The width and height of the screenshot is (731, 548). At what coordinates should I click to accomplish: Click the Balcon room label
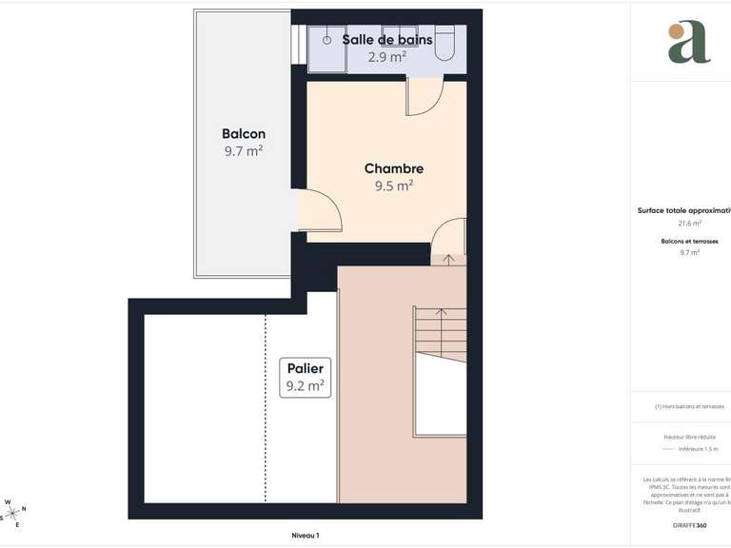244,134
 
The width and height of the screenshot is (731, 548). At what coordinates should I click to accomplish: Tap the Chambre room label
393,168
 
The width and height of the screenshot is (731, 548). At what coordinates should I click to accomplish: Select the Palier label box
306,377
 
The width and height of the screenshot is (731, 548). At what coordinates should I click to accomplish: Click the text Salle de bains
387,40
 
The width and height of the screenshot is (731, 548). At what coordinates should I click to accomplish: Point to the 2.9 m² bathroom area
387,56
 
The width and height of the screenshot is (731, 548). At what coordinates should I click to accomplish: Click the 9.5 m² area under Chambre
393,186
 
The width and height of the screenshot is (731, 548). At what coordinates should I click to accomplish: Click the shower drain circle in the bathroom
326,40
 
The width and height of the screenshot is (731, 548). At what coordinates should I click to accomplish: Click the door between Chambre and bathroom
425,97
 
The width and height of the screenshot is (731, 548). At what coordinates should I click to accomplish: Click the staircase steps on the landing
441,333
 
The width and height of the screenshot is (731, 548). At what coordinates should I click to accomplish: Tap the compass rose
12,512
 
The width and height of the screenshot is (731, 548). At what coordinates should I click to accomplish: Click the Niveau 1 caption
306,536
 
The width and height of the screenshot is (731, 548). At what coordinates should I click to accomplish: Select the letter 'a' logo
688,42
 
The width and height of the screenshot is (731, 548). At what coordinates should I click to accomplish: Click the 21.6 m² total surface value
689,224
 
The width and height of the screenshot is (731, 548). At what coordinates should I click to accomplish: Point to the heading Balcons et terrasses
689,242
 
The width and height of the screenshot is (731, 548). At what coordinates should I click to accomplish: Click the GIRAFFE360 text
689,525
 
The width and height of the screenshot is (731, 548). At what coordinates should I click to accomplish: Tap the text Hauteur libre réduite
689,437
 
